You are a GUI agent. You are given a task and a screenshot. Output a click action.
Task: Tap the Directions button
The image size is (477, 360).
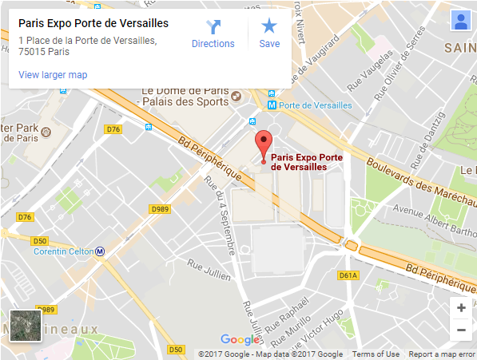[213, 34]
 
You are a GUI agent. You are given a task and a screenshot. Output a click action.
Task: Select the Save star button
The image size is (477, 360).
[269, 34]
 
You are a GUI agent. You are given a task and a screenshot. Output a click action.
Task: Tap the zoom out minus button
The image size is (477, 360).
[460, 329]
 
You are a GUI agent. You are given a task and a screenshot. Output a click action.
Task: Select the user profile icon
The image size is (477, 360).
[460, 20]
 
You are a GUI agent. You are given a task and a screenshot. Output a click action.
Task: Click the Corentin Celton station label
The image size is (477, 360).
[64, 251]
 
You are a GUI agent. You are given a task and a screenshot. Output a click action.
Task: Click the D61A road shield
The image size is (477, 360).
[348, 275]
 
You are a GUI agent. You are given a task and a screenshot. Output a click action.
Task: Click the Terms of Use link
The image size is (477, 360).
[376, 354]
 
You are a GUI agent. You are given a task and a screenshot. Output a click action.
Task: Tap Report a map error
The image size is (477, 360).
[442, 354]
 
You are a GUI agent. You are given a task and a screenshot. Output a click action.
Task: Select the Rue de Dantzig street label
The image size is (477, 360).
[431, 124]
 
